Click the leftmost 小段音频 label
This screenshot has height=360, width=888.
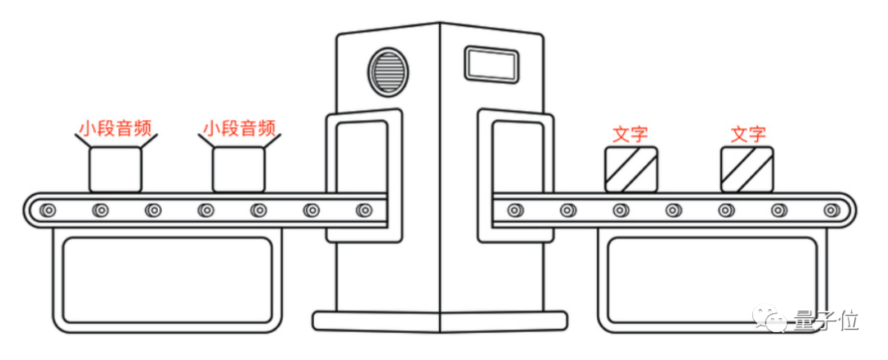pyautogui.click(x=114, y=128)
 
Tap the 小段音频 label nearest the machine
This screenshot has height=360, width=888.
pyautogui.click(x=238, y=128)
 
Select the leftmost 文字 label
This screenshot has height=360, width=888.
pyautogui.click(x=631, y=133)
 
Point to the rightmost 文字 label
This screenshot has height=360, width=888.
pyautogui.click(x=748, y=133)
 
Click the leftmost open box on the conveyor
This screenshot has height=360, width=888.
pyautogui.click(x=114, y=169)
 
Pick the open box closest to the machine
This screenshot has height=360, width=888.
pyautogui.click(x=238, y=169)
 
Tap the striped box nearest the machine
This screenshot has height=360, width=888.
pyautogui.click(x=631, y=169)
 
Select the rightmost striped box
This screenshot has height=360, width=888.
pyautogui.click(x=747, y=169)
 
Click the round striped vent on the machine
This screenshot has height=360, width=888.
pyautogui.click(x=386, y=70)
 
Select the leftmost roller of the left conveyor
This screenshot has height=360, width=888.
pyautogui.click(x=49, y=210)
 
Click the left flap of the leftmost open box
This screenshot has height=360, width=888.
pyautogui.click(x=83, y=141)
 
